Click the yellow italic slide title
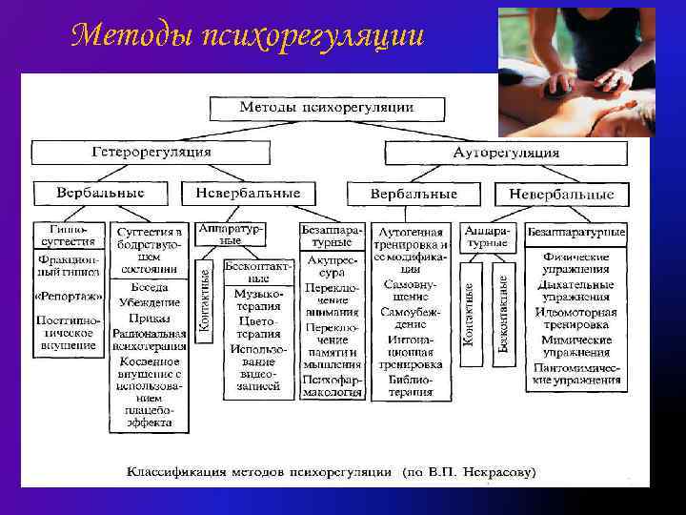(247, 35)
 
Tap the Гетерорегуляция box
(151, 152)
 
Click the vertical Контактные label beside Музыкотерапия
(204, 299)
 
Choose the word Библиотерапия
(410, 385)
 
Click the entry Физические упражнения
(576, 263)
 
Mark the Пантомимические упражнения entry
(576, 374)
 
